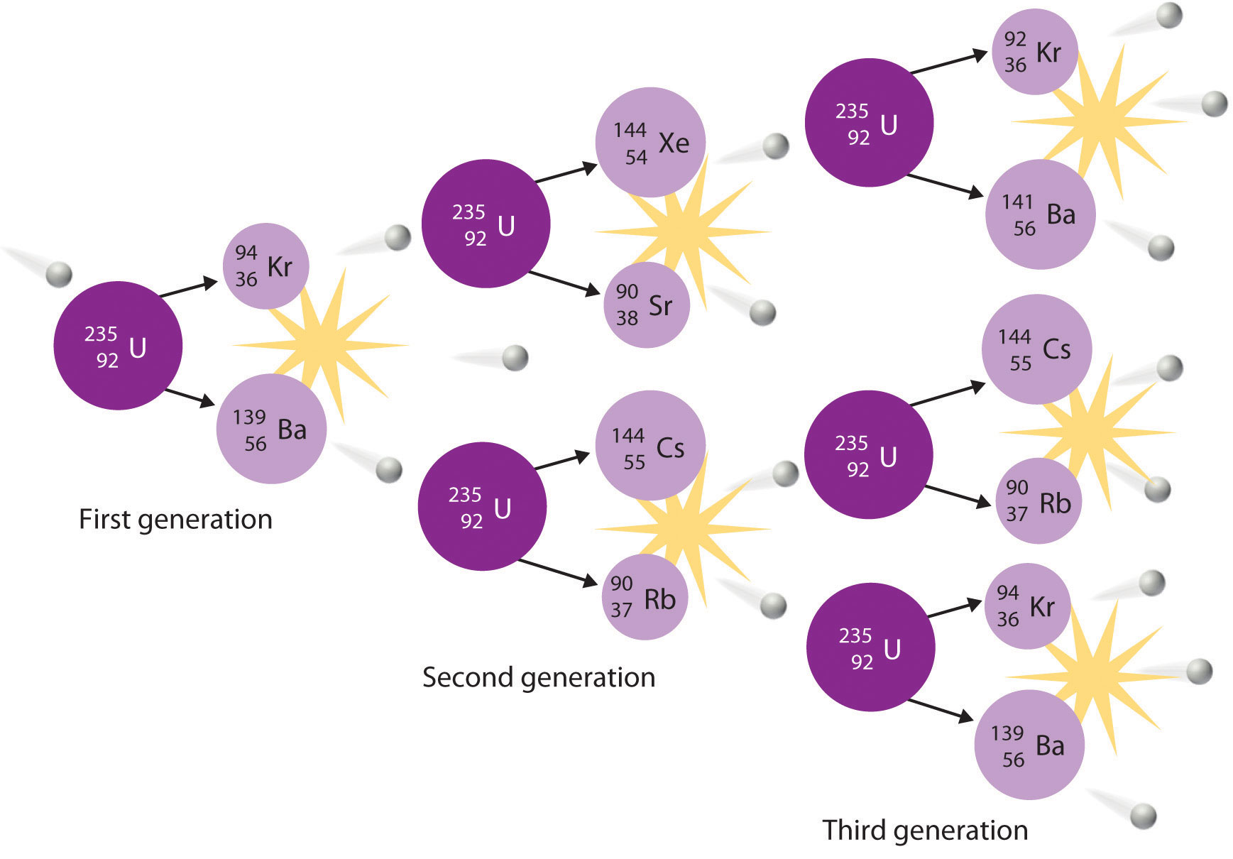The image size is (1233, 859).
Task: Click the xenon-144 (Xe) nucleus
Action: pos(650,143)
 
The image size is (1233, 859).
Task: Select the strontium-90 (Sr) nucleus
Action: pos(646,305)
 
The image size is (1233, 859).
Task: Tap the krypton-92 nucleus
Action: pos(1034,52)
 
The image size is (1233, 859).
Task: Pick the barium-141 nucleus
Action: pos(1040,214)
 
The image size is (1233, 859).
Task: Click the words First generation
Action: pos(175,520)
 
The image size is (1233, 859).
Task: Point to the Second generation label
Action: pos(538,677)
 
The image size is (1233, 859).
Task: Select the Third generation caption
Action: pos(925,830)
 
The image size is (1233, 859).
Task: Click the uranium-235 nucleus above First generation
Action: pos(118,346)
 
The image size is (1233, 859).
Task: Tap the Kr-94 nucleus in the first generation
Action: pos(265,266)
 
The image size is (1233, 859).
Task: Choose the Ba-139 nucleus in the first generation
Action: pos(271,429)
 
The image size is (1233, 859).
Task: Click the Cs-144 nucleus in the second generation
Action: pos(650,447)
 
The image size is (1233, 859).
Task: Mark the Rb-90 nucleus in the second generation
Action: pos(645,598)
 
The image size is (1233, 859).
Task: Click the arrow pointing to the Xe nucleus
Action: pos(566,173)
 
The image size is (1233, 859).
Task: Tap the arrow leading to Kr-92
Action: pos(949,62)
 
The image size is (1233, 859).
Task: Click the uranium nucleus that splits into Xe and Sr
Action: pos(486,224)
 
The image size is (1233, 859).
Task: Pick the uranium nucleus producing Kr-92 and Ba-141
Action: pos(869,123)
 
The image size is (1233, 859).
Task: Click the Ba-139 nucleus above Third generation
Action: pos(1029,745)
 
